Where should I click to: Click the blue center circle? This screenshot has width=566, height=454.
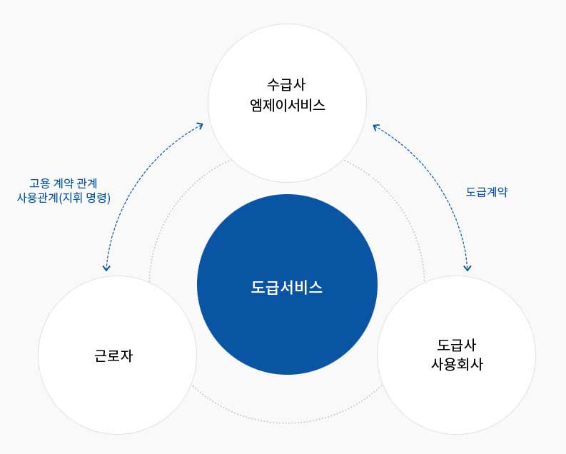pos(287,284)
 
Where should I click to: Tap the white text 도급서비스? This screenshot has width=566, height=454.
pos(287,287)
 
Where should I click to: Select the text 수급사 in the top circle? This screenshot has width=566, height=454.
pos(286,84)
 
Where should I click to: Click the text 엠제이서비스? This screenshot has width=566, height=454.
pos(288,105)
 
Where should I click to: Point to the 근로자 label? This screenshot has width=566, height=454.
pos(113,355)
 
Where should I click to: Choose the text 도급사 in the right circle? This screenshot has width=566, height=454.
pos(457,345)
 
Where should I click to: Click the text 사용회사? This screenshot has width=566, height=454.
pos(457,364)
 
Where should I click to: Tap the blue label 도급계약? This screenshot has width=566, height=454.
pos(487,191)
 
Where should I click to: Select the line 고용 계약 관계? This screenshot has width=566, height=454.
pos(64,183)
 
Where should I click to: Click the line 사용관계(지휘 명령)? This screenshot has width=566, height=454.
pos(64,198)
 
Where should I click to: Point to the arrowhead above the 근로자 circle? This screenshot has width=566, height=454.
pos(106,268)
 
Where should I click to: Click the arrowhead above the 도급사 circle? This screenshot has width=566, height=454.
pos(467,268)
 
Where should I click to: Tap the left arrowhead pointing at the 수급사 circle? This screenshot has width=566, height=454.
pos(200,126)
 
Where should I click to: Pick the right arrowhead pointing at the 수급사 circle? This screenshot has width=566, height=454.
pos(376,126)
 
